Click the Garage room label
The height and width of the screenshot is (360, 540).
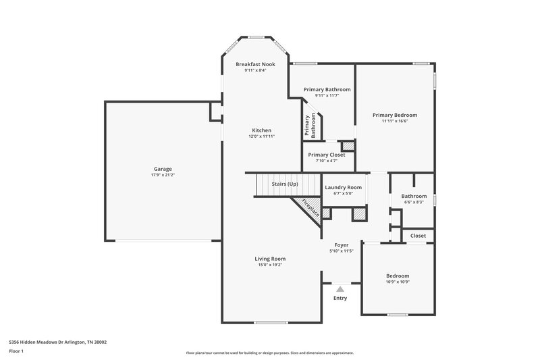point(162,169)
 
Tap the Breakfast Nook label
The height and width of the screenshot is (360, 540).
point(255,64)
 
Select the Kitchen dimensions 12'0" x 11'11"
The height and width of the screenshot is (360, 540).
point(262,136)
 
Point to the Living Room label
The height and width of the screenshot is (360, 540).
point(270,259)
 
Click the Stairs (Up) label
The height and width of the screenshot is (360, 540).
point(284,184)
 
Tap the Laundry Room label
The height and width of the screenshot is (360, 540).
point(343,187)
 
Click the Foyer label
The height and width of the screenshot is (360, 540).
point(342,245)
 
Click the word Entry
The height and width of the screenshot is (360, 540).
point(340,298)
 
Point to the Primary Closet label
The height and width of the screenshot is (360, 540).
point(327,155)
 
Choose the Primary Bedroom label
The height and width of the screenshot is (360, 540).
point(395,115)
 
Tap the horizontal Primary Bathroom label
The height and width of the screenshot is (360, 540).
point(327,89)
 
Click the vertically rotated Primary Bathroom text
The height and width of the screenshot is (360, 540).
point(310,126)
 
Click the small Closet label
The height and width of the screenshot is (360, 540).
point(418,236)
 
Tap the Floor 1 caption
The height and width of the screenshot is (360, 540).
point(16,351)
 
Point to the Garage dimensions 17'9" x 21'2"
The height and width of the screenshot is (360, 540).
point(162,175)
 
